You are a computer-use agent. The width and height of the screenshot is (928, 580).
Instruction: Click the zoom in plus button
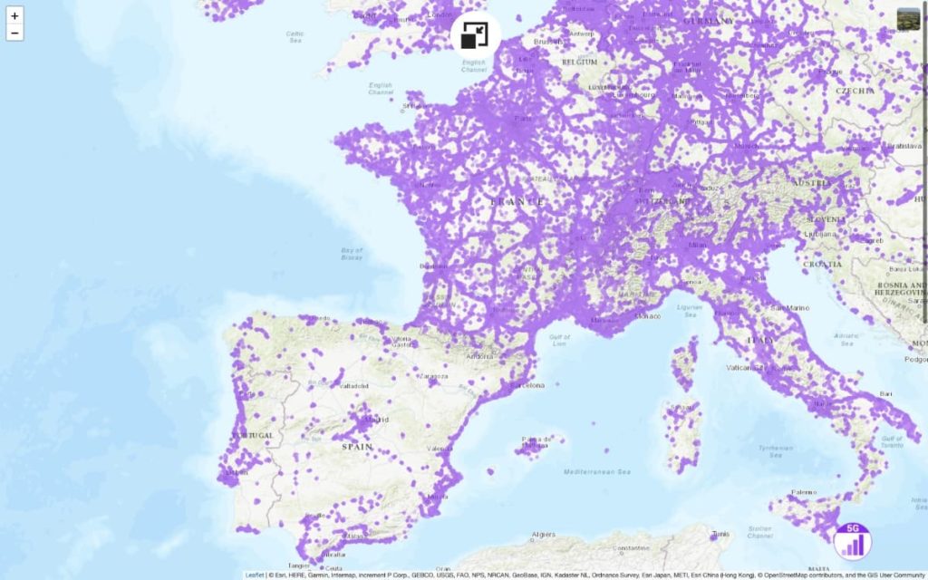coord(14,16)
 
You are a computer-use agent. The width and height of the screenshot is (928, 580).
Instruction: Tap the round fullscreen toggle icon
coord(475,35)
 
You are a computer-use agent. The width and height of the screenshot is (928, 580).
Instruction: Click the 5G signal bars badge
coord(852,540)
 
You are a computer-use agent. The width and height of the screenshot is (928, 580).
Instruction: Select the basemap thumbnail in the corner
coord(908,18)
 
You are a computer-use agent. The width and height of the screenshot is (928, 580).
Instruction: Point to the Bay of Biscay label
coord(352,254)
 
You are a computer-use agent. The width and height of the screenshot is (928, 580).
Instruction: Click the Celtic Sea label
coord(295,37)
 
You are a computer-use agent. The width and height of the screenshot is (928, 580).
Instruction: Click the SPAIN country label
coord(357,447)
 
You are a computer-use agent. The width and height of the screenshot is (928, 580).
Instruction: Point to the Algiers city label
coord(542,535)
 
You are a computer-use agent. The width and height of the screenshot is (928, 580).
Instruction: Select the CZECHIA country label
coord(855,91)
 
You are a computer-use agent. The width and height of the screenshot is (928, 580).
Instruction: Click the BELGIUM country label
coord(579,62)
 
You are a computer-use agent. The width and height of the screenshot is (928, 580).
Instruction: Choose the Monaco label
coord(647,316)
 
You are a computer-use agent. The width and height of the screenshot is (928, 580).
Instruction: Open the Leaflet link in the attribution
coord(254,575)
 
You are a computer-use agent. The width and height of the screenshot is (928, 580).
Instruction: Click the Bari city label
coord(885,394)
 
